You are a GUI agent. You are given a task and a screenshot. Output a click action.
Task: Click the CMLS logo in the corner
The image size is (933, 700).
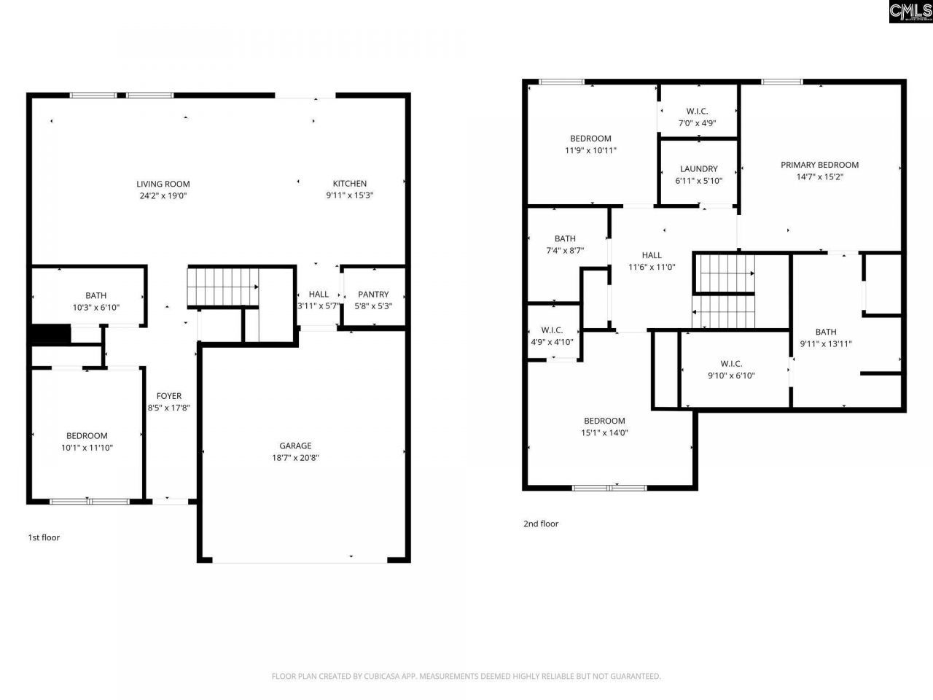point(910,11)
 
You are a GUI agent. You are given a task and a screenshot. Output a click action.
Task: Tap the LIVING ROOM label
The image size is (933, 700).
point(163,184)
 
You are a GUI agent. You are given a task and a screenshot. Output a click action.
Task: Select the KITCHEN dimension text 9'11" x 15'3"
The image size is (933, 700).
point(350,195)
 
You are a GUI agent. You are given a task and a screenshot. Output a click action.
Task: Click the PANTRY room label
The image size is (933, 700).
point(373,295)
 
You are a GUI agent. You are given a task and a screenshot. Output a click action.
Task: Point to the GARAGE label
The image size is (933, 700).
point(295,446)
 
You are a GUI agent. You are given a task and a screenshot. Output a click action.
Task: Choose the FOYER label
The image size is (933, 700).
point(169,396)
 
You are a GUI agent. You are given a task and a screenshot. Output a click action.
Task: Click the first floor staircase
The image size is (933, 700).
point(223,287)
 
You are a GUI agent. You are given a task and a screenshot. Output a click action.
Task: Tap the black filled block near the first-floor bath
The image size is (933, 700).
point(50,335)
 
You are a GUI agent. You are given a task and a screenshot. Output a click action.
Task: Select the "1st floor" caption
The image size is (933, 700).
point(44,537)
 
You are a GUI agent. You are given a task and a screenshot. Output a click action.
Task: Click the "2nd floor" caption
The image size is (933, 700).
point(541,524)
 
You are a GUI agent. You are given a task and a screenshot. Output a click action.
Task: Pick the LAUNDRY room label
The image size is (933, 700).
point(698,168)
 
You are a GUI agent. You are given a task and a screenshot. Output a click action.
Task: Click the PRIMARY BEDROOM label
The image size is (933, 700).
point(819,165)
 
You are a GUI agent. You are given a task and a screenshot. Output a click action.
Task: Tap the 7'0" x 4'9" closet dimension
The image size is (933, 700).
point(697,122)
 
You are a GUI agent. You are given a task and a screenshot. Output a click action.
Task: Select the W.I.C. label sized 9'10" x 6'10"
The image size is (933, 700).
point(731,363)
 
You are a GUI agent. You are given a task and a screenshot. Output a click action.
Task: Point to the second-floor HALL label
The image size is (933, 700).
point(652,255)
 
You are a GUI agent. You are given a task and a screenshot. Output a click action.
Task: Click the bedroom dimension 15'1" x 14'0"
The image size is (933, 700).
point(604,432)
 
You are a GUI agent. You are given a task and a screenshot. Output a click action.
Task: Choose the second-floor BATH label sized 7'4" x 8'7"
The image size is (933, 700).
point(565,238)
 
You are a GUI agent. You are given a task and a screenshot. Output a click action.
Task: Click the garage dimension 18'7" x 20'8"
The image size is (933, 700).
point(295,458)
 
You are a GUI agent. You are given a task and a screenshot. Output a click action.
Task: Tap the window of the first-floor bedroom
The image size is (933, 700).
point(89,501)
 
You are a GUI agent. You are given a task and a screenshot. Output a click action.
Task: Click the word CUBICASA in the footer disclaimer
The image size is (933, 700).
point(383,676)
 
